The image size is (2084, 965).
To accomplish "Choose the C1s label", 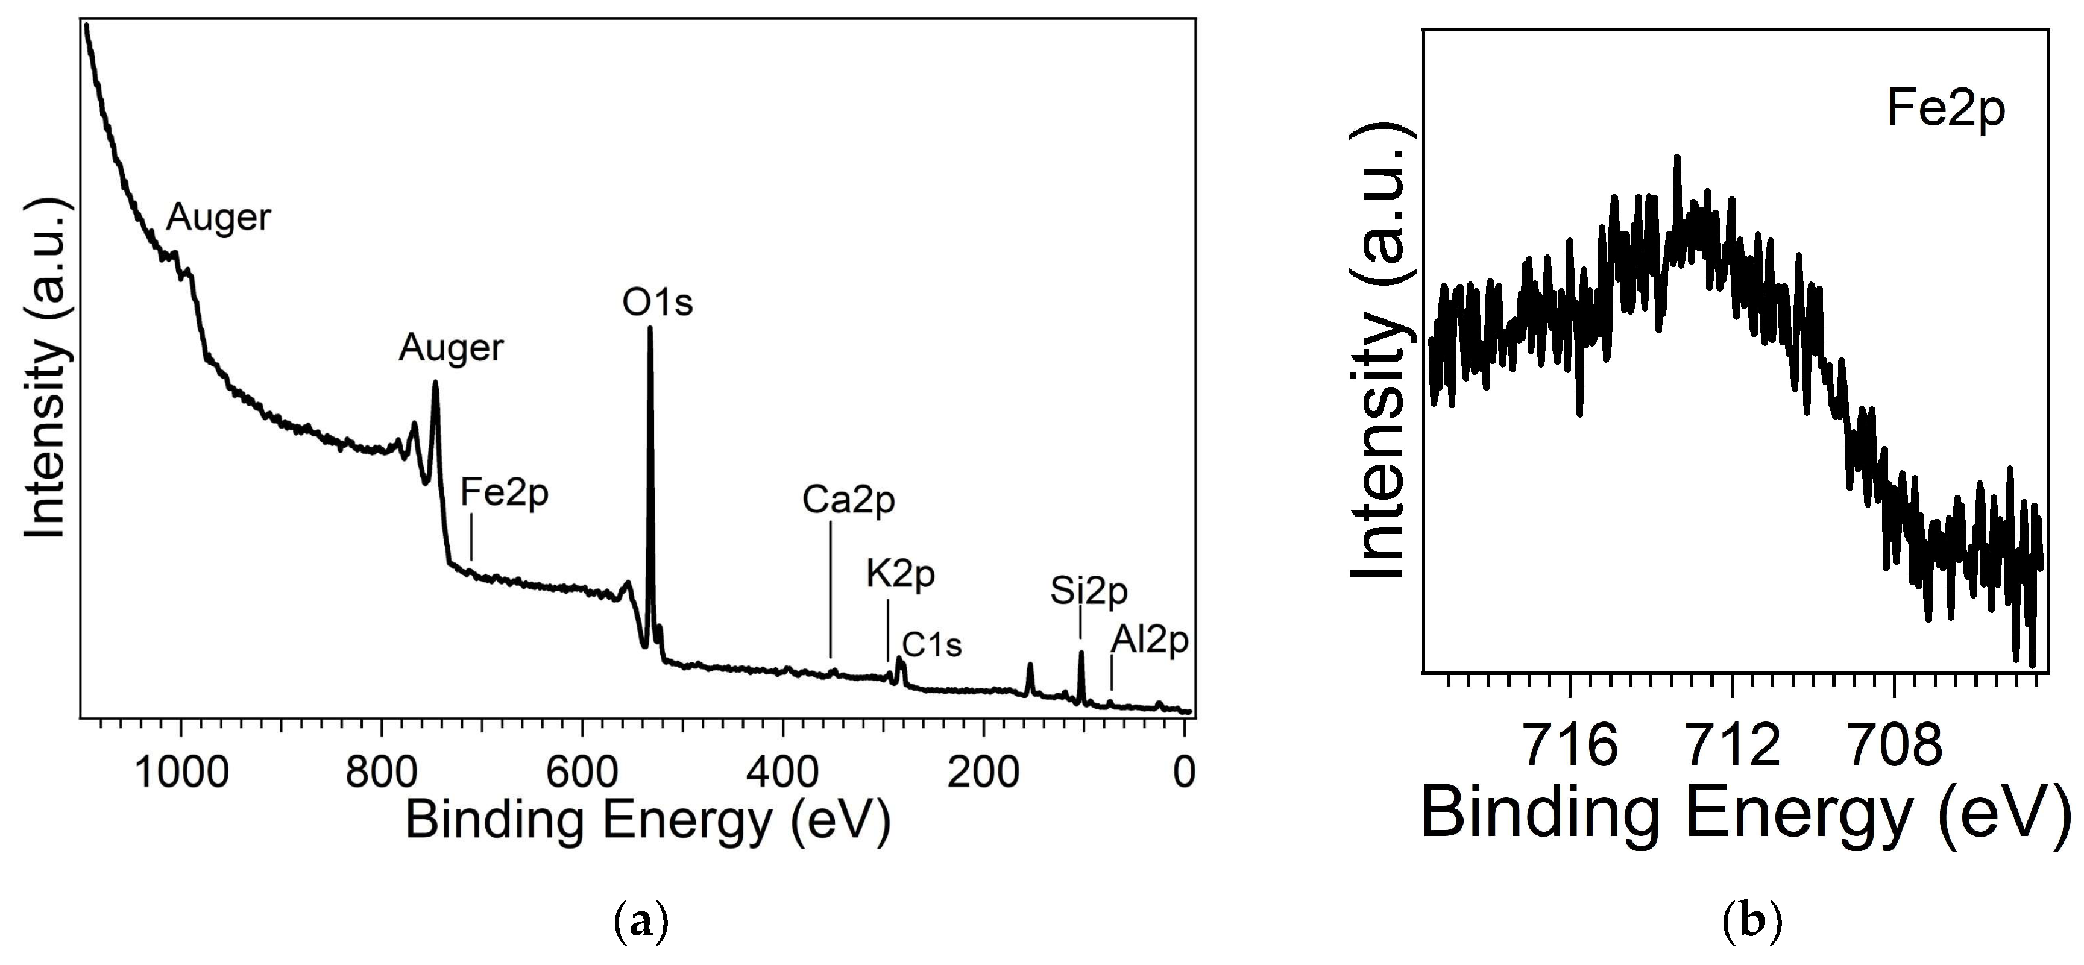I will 931,645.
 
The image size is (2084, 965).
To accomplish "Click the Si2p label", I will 1088,591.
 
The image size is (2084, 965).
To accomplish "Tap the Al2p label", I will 1149,641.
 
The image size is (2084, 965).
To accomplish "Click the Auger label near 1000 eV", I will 218,218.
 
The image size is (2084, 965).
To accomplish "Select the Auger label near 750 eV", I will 450,348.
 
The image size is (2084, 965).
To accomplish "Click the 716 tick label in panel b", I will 1569,745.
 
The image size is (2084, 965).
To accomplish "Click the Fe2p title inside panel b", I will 1946,108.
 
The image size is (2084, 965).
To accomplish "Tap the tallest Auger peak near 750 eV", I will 435,383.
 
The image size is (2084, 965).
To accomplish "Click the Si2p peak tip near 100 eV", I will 1081,653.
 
